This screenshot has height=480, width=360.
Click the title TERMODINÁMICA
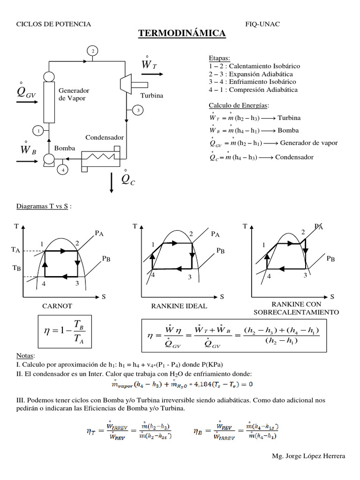pyautogui.click(x=182, y=34)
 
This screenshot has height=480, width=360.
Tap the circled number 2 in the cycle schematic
pyautogui.click(x=93, y=51)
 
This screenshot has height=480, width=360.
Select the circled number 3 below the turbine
pyautogui.click(x=138, y=110)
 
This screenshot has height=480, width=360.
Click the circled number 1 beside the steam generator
pyautogui.click(x=38, y=130)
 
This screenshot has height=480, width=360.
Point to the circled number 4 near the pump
pyautogui.click(x=63, y=170)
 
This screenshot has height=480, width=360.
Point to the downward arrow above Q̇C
pyautogui.click(x=112, y=182)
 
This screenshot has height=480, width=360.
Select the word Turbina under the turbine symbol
pyautogui.click(x=151, y=96)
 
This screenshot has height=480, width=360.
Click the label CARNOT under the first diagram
pyautogui.click(x=57, y=306)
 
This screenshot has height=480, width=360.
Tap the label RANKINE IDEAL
pyautogui.click(x=179, y=306)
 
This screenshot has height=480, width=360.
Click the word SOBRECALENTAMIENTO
pyautogui.click(x=296, y=312)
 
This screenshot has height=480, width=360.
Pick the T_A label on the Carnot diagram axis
pyautogui.click(x=15, y=251)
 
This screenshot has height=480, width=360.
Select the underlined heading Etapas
pyautogui.click(x=219, y=58)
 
